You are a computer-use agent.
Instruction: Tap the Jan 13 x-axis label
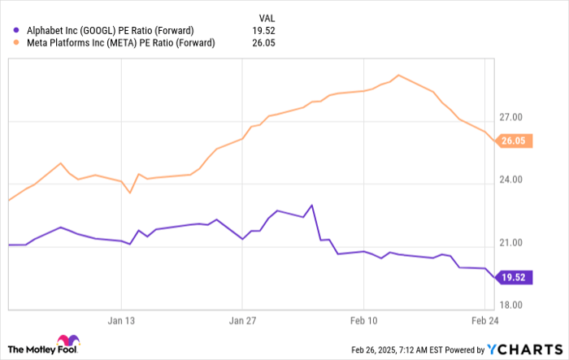(121, 320)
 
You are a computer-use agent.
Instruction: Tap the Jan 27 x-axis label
(243, 320)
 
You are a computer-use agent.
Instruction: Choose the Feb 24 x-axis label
(486, 320)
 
